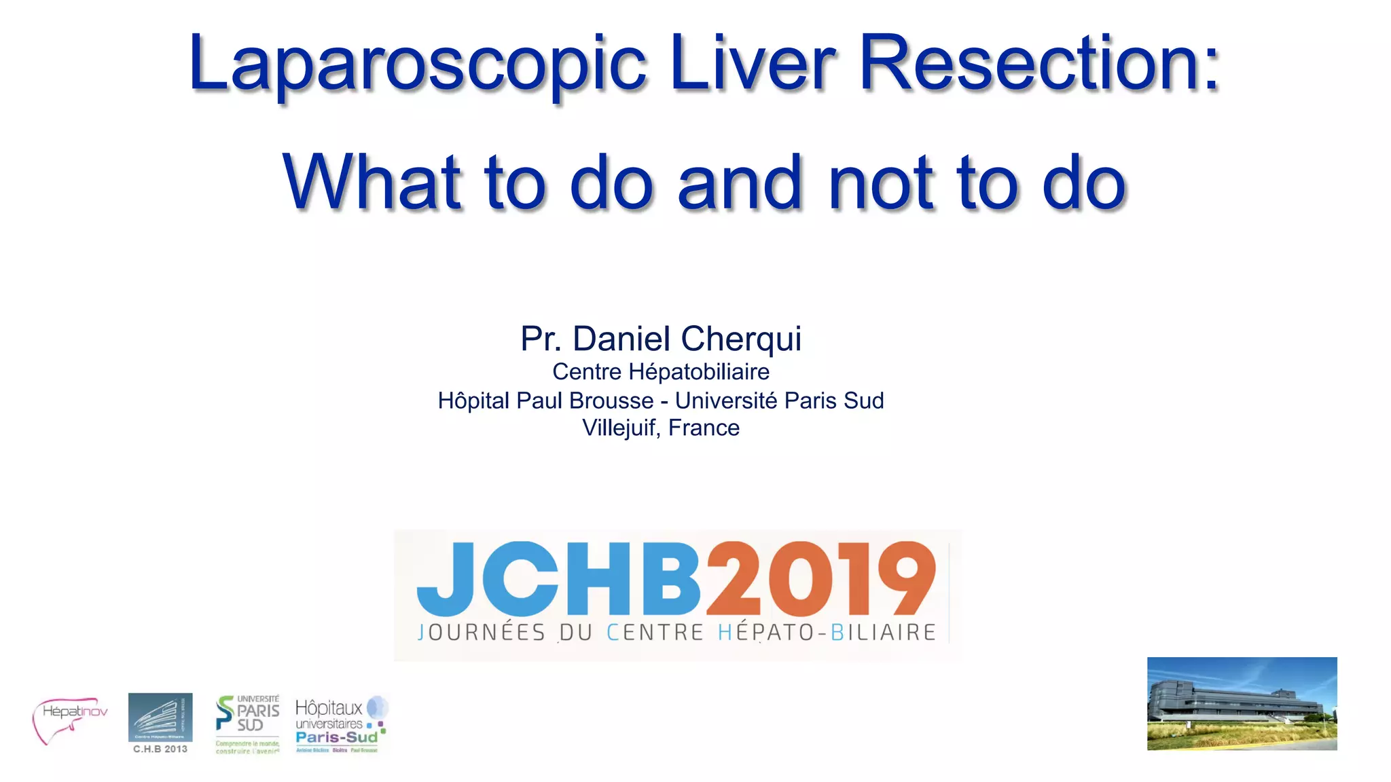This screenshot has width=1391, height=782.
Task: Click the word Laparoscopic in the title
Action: (x=417, y=64)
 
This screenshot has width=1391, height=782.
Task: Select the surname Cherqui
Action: (x=741, y=339)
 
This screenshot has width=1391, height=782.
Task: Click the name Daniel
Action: (x=622, y=339)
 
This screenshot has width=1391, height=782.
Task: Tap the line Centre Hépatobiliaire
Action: (x=660, y=372)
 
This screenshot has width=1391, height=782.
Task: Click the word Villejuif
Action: (x=619, y=428)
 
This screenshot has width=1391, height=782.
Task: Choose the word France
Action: (x=704, y=428)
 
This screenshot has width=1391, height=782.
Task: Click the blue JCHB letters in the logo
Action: (x=558, y=579)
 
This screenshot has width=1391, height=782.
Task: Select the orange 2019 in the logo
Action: (x=820, y=579)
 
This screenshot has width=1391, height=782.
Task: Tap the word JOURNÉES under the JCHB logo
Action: (x=481, y=633)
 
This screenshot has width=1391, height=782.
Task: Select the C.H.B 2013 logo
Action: (x=160, y=724)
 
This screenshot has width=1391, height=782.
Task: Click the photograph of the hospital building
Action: (x=1242, y=703)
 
